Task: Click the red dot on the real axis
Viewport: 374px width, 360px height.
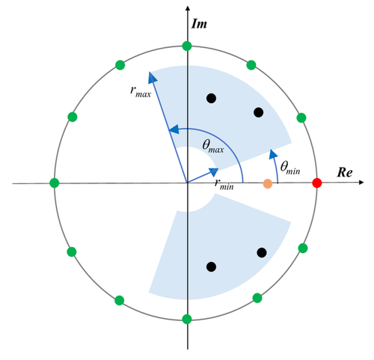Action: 317,183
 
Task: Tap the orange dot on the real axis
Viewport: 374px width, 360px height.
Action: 268,183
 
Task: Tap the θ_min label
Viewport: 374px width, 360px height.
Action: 290,168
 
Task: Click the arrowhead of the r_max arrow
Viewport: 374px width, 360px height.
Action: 153,75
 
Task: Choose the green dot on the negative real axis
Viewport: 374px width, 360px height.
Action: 54,183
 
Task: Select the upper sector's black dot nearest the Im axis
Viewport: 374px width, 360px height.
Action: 212,97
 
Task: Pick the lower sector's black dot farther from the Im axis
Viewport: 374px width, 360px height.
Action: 261,253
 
